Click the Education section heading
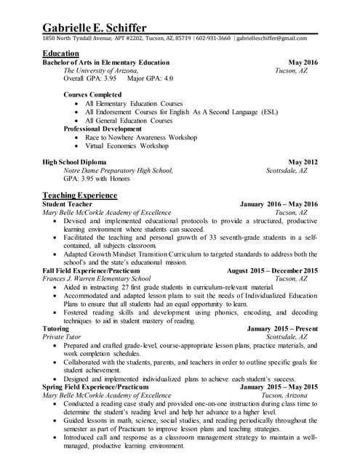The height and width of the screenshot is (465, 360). point(61,54)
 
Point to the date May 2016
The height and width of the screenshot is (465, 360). point(303,62)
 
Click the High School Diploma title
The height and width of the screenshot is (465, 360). point(74,161)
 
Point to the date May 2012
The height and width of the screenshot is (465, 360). point(303,161)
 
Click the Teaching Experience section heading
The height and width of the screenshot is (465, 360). point(79,195)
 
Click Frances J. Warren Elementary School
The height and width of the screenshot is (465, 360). point(97,278)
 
